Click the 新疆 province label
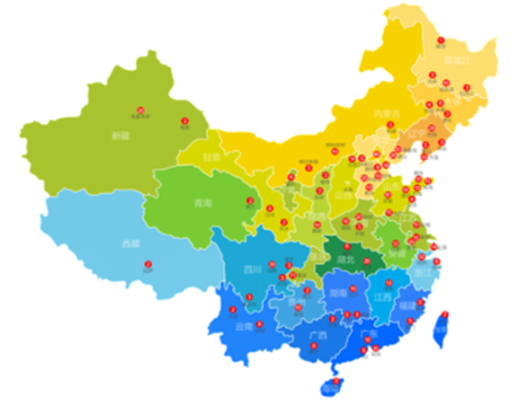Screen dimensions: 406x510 [x=121, y=136]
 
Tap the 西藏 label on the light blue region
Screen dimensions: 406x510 [x=131, y=243]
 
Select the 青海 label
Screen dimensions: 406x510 [x=203, y=204]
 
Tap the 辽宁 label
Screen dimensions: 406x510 [x=416, y=132]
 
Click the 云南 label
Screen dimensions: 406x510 [x=244, y=327]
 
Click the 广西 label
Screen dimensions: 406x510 [x=318, y=336]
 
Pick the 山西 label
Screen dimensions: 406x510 [x=343, y=194]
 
